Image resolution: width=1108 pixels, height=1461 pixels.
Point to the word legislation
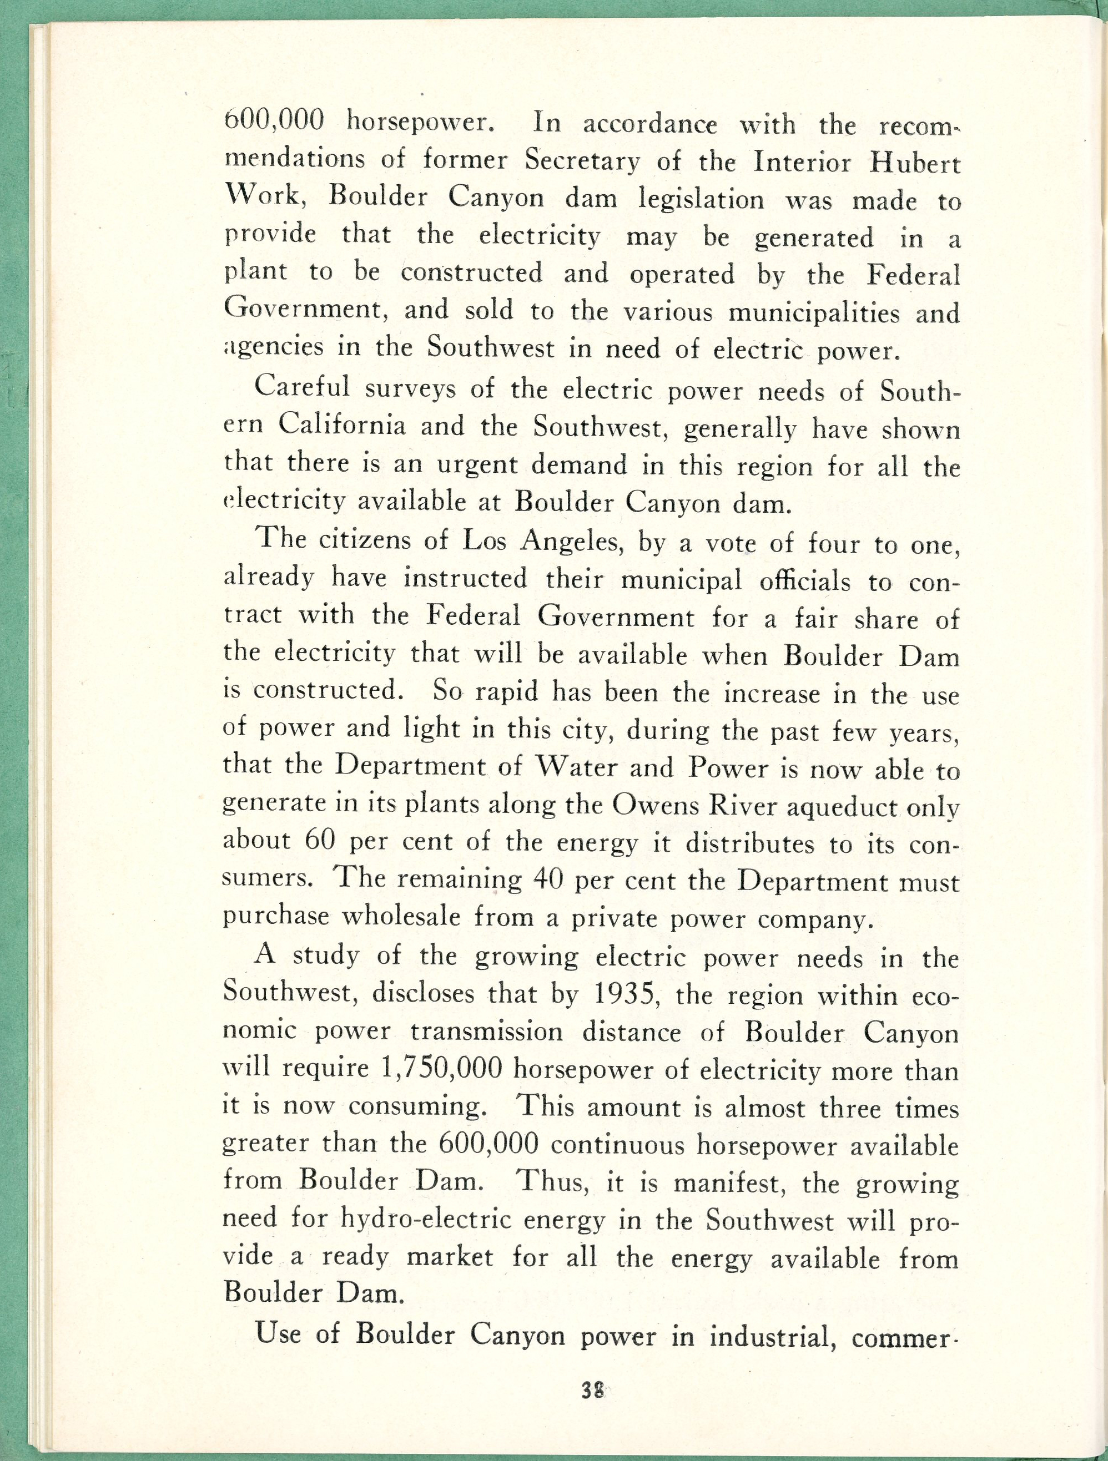pos(701,199)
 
